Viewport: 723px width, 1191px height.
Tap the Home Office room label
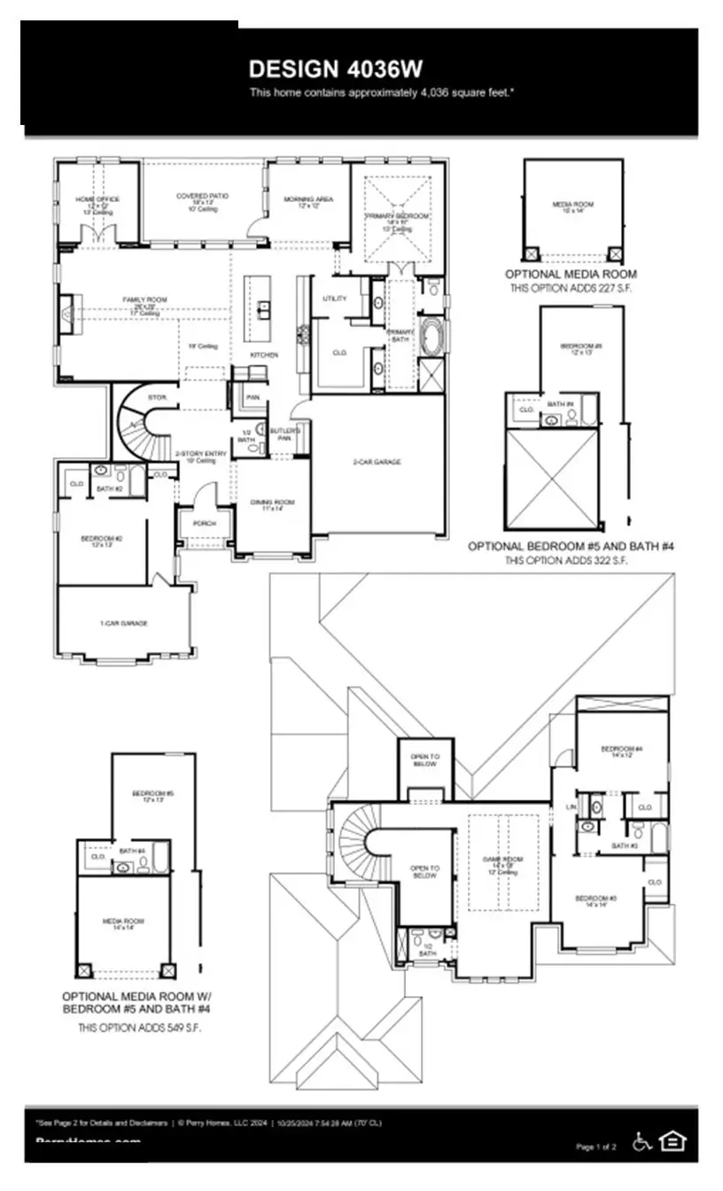pyautogui.click(x=97, y=199)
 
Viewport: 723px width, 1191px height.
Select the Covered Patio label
pyautogui.click(x=192, y=196)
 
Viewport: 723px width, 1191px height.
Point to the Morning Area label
pyautogui.click(x=307, y=199)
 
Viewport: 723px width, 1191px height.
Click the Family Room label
pyautogui.click(x=144, y=300)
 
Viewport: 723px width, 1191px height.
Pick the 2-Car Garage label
pyautogui.click(x=377, y=462)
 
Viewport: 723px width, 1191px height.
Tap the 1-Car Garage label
pyautogui.click(x=123, y=623)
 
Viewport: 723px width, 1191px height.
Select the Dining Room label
pyautogui.click(x=271, y=502)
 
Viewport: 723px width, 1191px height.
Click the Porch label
pyautogui.click(x=205, y=523)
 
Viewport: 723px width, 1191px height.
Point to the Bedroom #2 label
pyautogui.click(x=101, y=538)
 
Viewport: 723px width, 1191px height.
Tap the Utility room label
pyautogui.click(x=335, y=299)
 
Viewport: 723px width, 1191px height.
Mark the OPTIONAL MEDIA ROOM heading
pyautogui.click(x=571, y=275)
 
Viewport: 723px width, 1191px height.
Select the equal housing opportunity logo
pyautogui.click(x=674, y=1141)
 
